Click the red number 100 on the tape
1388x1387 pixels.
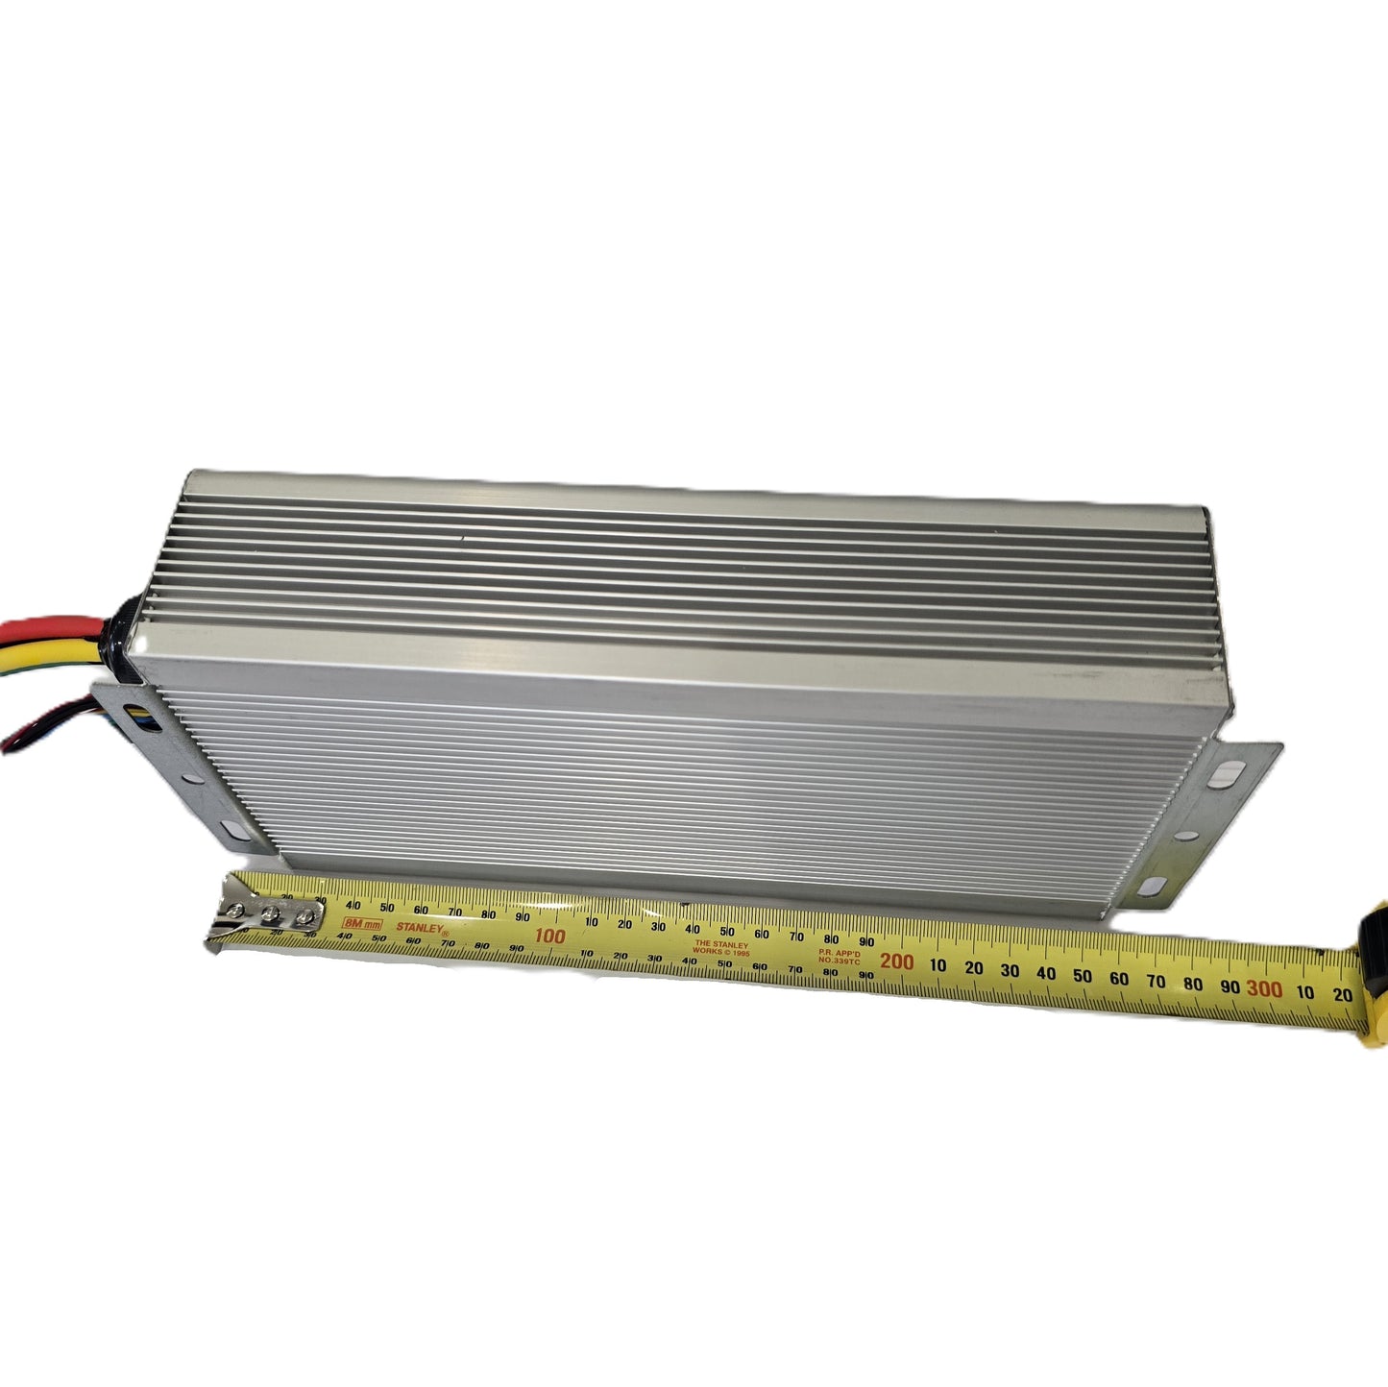[549, 936]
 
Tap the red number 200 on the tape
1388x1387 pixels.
[896, 961]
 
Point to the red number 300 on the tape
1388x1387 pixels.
[1264, 988]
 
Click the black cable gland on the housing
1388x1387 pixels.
[127, 629]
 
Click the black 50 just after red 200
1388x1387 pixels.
[1083, 976]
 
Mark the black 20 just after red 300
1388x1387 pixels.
[1343, 995]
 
